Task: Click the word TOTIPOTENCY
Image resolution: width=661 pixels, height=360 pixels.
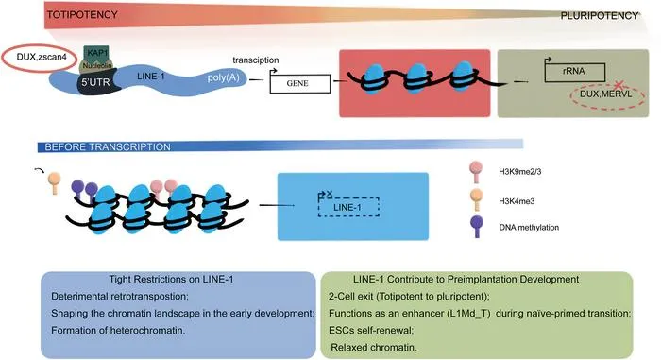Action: pyautogui.click(x=82, y=15)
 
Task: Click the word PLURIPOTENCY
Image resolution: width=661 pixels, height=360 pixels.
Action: pyautogui.click(x=600, y=16)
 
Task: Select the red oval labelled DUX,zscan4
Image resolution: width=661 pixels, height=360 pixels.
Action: pyautogui.click(x=40, y=59)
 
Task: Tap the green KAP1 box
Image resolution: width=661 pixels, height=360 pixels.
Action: pyautogui.click(x=97, y=52)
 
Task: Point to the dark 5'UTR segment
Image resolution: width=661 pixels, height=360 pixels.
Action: pyautogui.click(x=98, y=83)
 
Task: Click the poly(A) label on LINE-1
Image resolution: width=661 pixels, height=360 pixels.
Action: pyautogui.click(x=223, y=78)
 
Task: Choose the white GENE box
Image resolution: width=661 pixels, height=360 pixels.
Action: pyautogui.click(x=299, y=83)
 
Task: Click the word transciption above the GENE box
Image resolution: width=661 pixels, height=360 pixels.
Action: pyautogui.click(x=256, y=60)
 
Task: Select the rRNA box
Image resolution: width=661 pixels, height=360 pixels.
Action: pyautogui.click(x=575, y=73)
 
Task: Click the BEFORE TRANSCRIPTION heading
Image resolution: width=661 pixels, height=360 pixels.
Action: pyautogui.click(x=108, y=147)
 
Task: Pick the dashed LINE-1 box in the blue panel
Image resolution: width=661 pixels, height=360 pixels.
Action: pyautogui.click(x=348, y=207)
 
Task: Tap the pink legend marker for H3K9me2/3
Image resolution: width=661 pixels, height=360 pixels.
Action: pyautogui.click(x=476, y=171)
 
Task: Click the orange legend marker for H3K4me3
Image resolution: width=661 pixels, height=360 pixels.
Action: pyautogui.click(x=476, y=199)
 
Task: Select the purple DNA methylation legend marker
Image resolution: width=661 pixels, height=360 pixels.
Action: pyautogui.click(x=477, y=226)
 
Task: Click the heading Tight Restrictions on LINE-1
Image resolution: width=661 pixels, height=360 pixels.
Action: pyautogui.click(x=171, y=280)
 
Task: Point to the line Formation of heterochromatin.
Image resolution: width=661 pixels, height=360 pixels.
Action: pyautogui.click(x=118, y=331)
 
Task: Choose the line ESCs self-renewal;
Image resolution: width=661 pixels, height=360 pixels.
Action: pyautogui.click(x=371, y=331)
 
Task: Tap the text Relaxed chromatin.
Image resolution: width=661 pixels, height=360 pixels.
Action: pyautogui.click(x=374, y=348)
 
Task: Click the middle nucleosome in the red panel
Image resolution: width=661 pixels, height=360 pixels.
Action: pyautogui.click(x=417, y=77)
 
